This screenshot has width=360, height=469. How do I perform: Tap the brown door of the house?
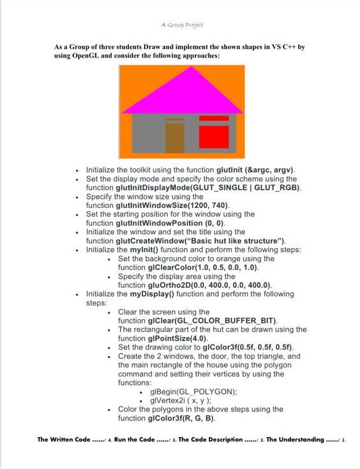(175, 138)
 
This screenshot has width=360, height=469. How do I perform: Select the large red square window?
(214, 137)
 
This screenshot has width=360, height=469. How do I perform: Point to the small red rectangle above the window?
(214, 118)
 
